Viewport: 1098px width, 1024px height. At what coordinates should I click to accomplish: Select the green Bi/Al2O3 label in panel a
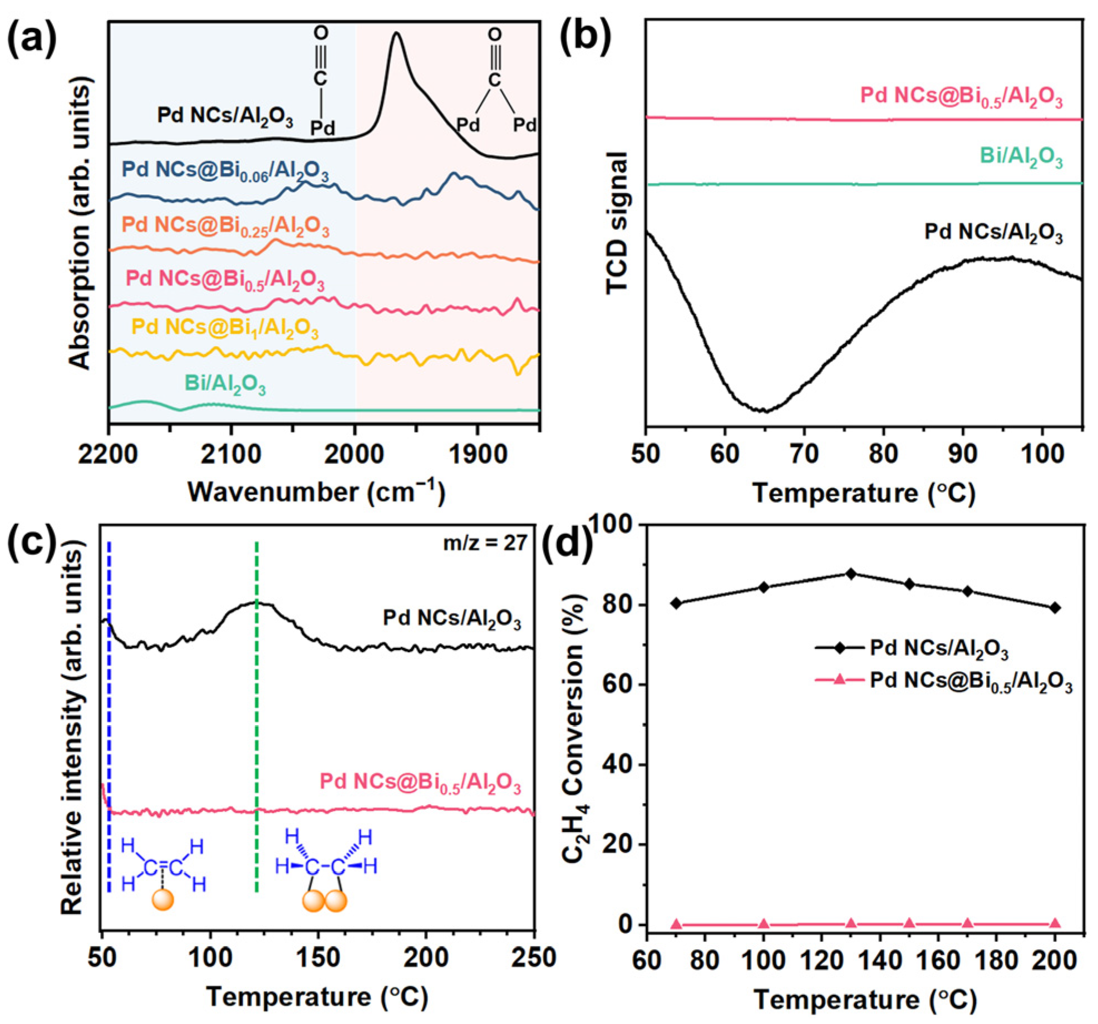pos(225,385)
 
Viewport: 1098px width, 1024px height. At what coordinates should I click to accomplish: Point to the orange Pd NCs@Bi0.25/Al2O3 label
pos(225,227)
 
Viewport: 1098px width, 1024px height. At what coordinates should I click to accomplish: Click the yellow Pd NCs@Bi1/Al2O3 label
pos(225,328)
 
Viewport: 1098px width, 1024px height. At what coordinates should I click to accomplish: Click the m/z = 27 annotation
pos(485,542)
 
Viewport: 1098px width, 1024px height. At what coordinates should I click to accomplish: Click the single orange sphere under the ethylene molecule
pos(163,899)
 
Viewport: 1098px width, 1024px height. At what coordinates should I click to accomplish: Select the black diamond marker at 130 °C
pos(850,574)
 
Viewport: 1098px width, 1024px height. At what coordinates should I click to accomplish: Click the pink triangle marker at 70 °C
pos(676,924)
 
